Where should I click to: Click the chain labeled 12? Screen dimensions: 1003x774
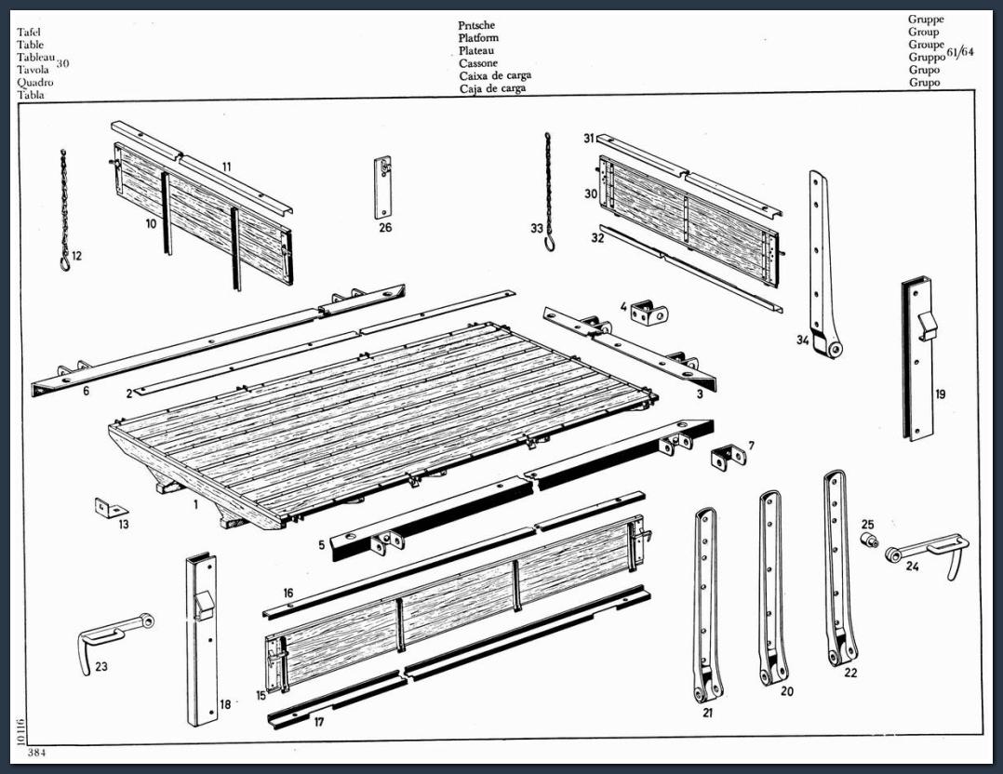click(x=64, y=210)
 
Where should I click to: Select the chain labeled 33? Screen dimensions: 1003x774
click(x=549, y=192)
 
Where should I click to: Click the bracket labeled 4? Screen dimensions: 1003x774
click(x=649, y=314)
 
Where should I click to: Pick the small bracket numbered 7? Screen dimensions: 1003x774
click(x=729, y=456)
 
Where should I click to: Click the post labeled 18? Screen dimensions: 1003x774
click(x=202, y=640)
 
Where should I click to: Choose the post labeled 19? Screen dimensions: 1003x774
click(x=917, y=359)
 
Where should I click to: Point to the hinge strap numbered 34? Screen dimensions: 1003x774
click(x=824, y=263)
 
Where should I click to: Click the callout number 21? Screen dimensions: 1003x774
click(x=707, y=713)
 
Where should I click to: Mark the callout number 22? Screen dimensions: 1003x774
click(x=850, y=673)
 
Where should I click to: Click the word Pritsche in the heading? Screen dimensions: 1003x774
click(x=476, y=26)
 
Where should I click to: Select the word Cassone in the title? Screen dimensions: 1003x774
click(x=478, y=62)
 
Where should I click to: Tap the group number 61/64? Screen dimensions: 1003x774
click(x=960, y=52)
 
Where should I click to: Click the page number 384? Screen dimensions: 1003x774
click(x=36, y=753)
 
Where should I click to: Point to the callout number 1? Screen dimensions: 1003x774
click(x=195, y=505)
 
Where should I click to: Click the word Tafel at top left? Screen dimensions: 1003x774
click(x=30, y=32)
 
